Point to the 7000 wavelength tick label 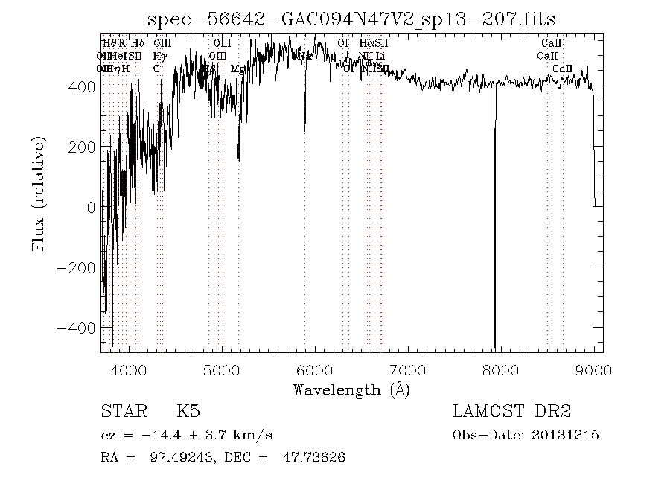pyautogui.click(x=408, y=369)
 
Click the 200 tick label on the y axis pyautogui.click(x=84, y=147)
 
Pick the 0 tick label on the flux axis pyautogui.click(x=91, y=207)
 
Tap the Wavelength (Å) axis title pyautogui.click(x=351, y=389)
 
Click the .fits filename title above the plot pyautogui.click(x=351, y=19)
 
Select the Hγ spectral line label pyautogui.click(x=159, y=56)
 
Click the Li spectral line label pyautogui.click(x=380, y=56)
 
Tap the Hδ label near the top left pyautogui.click(x=138, y=43)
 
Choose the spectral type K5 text pyautogui.click(x=188, y=412)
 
